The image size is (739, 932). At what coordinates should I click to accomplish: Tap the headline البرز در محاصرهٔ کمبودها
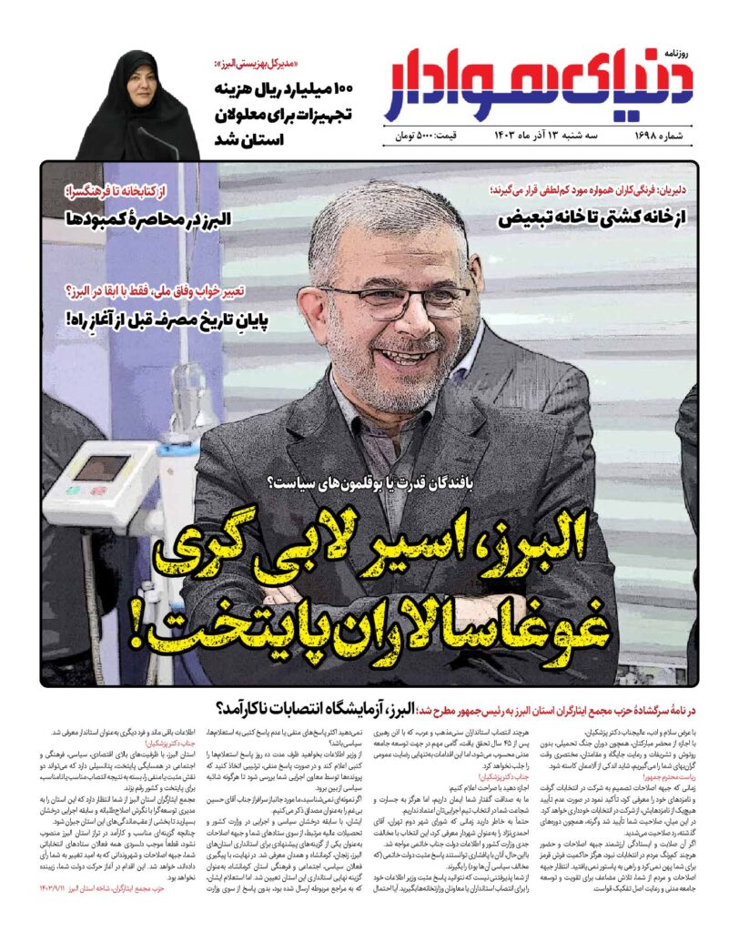pyautogui.click(x=151, y=218)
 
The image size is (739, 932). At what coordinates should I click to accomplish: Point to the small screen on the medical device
pyautogui.click(x=100, y=467)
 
